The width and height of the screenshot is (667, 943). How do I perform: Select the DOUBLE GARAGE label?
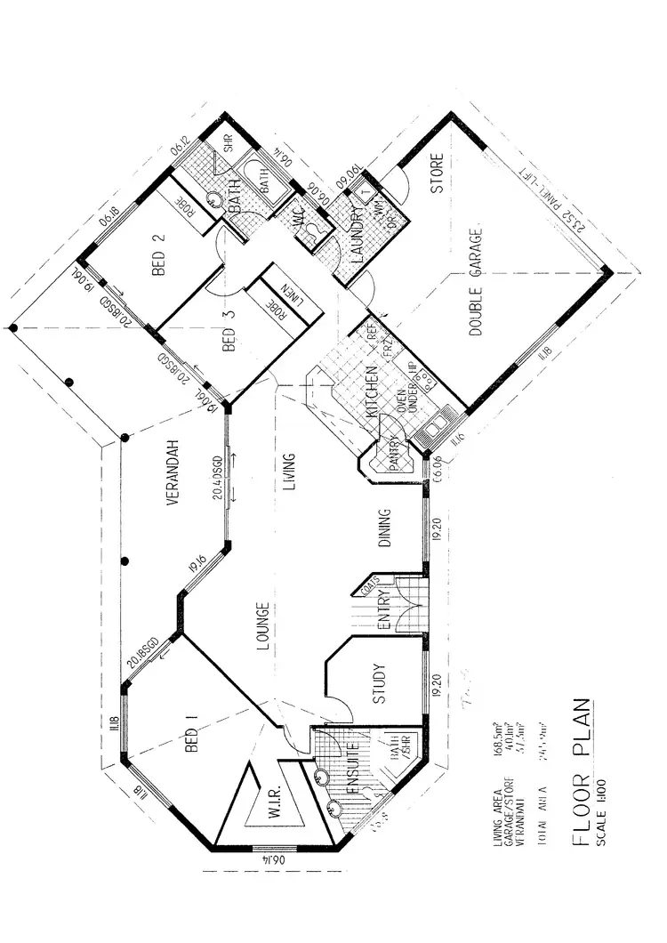click(x=475, y=283)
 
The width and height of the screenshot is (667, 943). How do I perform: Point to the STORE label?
click(x=438, y=177)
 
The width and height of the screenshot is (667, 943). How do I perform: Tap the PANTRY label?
click(x=392, y=457)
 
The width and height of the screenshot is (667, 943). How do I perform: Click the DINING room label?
click(x=385, y=531)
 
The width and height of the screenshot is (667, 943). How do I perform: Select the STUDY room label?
click(x=377, y=684)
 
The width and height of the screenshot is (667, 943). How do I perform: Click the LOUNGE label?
click(x=263, y=629)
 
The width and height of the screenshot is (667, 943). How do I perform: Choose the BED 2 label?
click(x=160, y=255)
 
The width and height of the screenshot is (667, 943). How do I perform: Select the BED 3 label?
click(x=229, y=338)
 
